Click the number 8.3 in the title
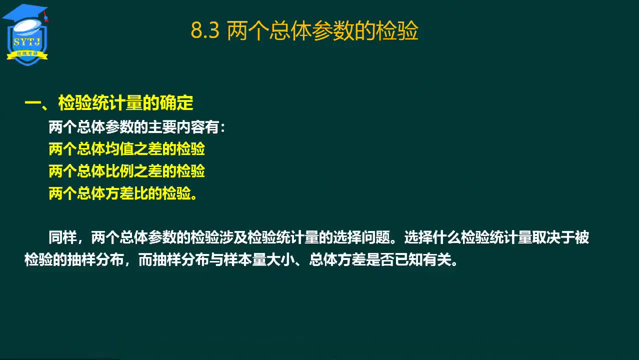click(x=205, y=30)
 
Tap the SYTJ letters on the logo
click(x=27, y=42)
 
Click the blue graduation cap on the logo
click(x=25, y=13)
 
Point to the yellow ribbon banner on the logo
click(x=27, y=54)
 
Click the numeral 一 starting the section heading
click(x=33, y=103)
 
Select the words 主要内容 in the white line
click(x=176, y=127)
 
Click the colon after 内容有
click(x=223, y=128)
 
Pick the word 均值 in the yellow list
click(x=119, y=149)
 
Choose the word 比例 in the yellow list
click(x=119, y=171)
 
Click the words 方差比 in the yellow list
click(x=126, y=193)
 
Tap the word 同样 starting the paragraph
click(x=63, y=237)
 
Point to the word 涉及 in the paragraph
click(x=233, y=237)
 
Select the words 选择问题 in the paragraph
click(x=361, y=237)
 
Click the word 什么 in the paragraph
click(x=446, y=237)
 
